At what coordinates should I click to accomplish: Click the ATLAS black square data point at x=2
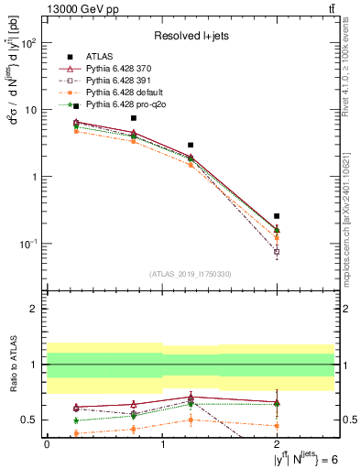277,216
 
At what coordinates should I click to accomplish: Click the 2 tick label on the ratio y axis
33,309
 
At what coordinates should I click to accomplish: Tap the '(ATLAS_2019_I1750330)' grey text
191,274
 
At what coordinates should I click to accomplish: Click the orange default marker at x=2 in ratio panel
277,426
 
